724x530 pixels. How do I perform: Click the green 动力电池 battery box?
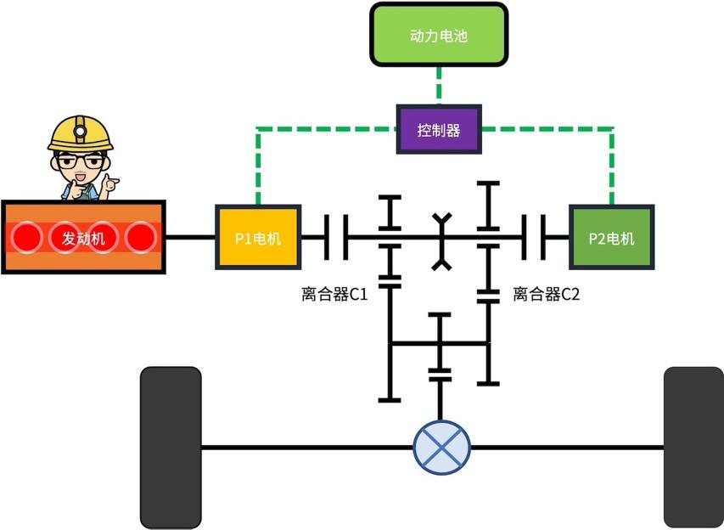pyautogui.click(x=438, y=36)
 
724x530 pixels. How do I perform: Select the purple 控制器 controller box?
pyautogui.click(x=438, y=129)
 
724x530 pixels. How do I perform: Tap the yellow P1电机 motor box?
pyautogui.click(x=257, y=238)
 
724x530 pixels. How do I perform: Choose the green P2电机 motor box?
pyautogui.click(x=611, y=238)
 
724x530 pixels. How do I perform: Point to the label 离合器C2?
pyautogui.click(x=546, y=295)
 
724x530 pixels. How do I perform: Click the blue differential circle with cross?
pyautogui.click(x=441, y=447)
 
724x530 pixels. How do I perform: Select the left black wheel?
pyautogui.click(x=171, y=447)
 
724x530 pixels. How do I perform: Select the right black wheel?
pyautogui.click(x=693, y=447)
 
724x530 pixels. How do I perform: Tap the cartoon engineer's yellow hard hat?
pyautogui.click(x=80, y=134)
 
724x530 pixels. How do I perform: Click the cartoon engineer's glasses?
pyautogui.click(x=81, y=161)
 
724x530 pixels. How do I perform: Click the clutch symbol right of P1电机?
pyautogui.click(x=335, y=237)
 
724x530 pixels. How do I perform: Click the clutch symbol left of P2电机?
pyautogui.click(x=535, y=237)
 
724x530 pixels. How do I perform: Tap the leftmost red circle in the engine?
pyautogui.click(x=27, y=238)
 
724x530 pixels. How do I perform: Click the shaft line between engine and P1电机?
pyautogui.click(x=190, y=237)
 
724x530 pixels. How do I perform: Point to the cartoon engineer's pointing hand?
pyautogui.click(x=110, y=184)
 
